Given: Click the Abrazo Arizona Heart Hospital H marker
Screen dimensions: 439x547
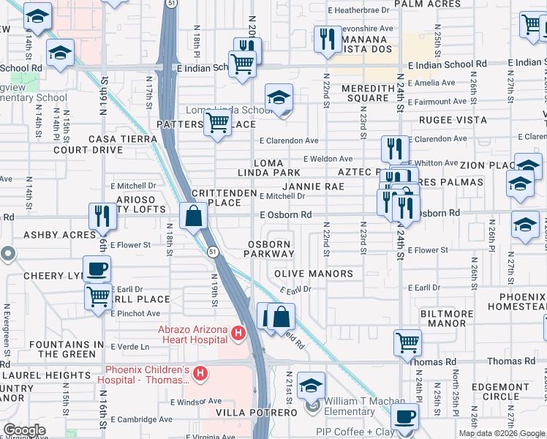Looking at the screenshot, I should pos(237,334).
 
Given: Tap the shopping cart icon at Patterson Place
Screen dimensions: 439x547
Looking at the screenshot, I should pos(217,125).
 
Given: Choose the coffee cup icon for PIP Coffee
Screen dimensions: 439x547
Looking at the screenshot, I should pos(404,417).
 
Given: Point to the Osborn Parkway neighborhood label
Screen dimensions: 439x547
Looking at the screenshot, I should pos(271,249).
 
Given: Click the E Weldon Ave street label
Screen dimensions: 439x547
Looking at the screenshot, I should pos(328,159).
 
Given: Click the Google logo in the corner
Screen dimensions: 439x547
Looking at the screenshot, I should pos(24,431).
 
